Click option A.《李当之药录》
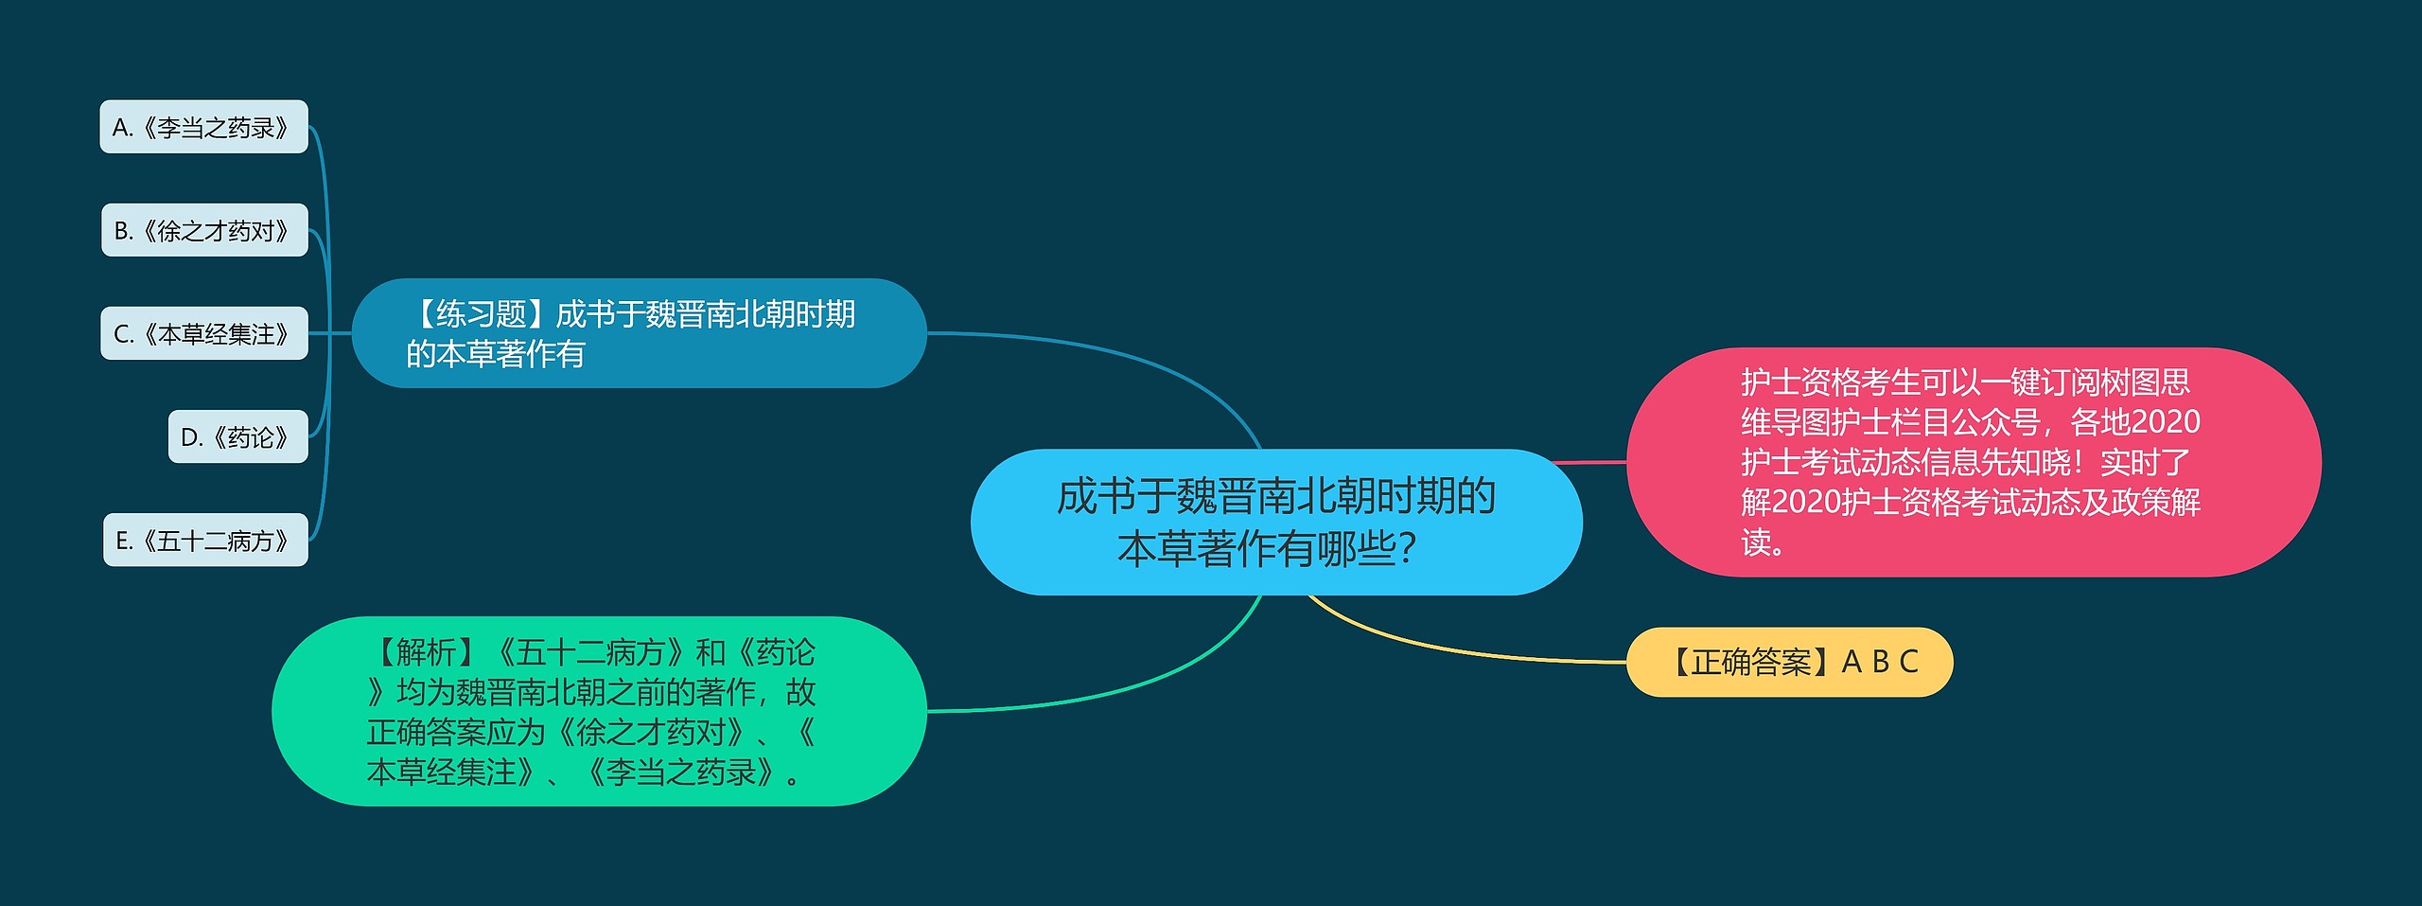point(203,127)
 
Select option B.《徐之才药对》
point(204,230)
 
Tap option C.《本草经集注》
point(204,333)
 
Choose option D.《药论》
point(238,436)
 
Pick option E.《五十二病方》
point(205,540)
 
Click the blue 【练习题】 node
point(639,333)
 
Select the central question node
point(1276,522)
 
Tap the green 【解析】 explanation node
point(599,711)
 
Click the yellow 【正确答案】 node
point(1789,662)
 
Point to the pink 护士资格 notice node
point(1974,462)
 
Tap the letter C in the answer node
point(1908,662)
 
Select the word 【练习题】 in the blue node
point(481,313)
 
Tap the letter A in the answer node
point(1852,662)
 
